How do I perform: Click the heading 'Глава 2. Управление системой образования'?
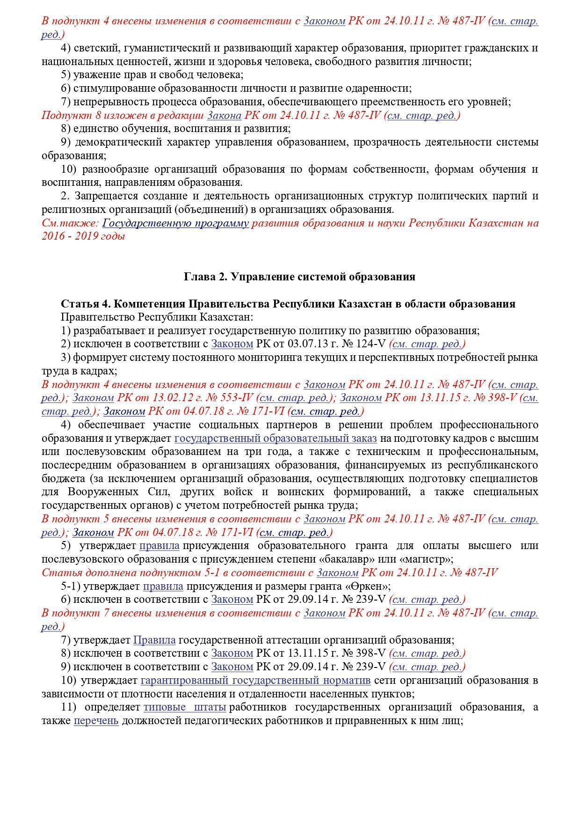point(299,277)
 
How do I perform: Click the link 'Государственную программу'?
point(175,223)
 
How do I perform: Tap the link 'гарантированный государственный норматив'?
point(255,680)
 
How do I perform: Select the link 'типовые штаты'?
point(185,707)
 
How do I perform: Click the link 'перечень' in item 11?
point(96,720)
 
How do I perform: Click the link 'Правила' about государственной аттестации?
point(154,640)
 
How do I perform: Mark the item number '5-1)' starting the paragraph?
point(71,586)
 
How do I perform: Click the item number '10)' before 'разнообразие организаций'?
point(68,169)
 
